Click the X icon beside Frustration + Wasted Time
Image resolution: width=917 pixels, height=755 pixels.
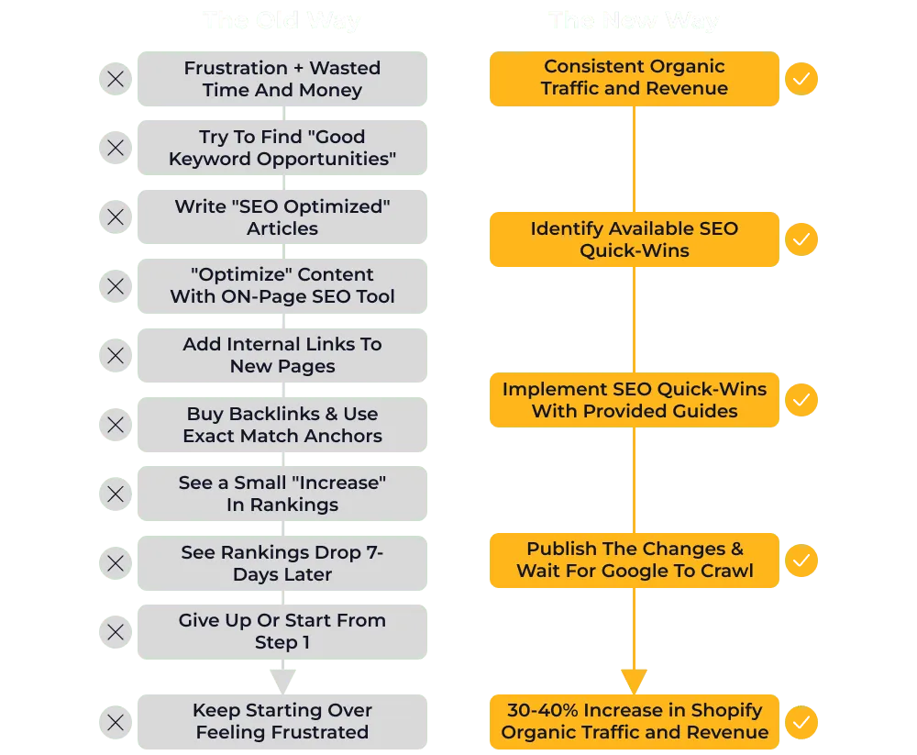point(116,79)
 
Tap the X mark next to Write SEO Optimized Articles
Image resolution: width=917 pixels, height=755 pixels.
point(116,217)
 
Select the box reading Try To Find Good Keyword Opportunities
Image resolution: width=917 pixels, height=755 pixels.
point(282,148)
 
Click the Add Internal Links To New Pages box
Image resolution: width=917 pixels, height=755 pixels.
point(282,355)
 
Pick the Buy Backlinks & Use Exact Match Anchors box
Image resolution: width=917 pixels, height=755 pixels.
point(282,425)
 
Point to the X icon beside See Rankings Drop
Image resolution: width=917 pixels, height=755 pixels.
point(116,563)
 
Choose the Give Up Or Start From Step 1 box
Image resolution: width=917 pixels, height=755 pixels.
point(282,632)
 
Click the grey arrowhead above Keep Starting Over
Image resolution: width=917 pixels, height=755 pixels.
point(282,681)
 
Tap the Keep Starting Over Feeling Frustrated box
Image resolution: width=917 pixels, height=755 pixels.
point(282,721)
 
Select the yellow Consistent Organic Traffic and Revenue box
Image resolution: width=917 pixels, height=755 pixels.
point(634,78)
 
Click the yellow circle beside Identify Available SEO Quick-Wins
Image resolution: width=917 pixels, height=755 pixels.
point(801,239)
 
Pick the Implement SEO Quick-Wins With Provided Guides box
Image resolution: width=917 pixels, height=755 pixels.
point(634,400)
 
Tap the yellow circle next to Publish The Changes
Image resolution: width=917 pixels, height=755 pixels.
point(801,561)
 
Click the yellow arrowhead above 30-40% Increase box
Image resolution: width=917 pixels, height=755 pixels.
point(634,680)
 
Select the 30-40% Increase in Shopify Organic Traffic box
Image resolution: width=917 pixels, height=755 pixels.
point(634,721)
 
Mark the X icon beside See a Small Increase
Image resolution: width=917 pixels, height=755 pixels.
point(116,494)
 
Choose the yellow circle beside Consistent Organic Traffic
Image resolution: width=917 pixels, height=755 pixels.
point(801,79)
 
